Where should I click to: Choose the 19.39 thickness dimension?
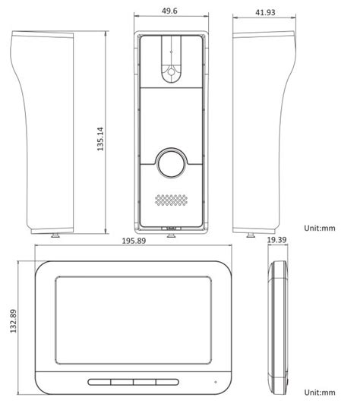[x=277, y=241]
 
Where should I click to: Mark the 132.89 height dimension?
[x=12, y=324]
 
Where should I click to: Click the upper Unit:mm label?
[x=319, y=227]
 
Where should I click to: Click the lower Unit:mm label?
[x=319, y=393]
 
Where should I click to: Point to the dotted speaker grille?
[x=171, y=200]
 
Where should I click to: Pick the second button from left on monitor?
[x=122, y=383]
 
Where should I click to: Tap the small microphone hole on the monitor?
[x=215, y=380]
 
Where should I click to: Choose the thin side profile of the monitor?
[x=278, y=325]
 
